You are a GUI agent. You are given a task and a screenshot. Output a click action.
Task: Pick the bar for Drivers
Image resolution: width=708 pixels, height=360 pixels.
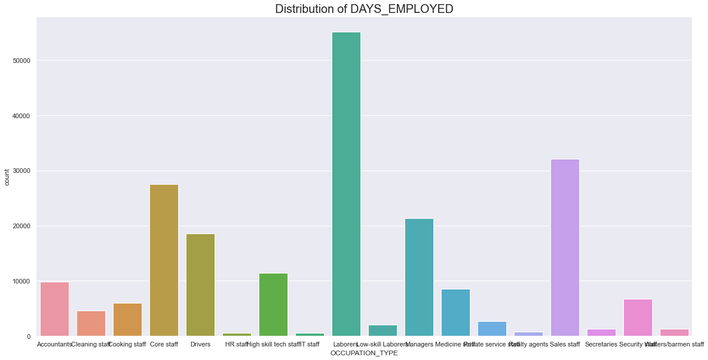(201, 285)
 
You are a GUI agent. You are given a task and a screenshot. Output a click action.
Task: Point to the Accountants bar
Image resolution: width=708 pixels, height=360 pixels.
(55, 309)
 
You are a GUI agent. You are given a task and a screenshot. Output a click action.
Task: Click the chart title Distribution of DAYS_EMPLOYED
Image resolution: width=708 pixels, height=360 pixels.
(364, 9)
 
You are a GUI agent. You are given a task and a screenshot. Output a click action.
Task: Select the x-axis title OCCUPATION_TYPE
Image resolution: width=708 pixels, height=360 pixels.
(364, 353)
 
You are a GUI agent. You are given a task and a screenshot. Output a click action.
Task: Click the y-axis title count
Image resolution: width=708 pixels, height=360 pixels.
(7, 177)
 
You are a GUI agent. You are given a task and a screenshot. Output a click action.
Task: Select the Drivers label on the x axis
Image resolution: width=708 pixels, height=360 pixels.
(201, 344)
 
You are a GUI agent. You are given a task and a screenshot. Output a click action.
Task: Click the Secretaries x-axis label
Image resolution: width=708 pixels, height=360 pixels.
(601, 344)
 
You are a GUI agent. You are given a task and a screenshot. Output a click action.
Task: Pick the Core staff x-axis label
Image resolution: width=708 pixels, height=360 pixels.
(164, 344)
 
